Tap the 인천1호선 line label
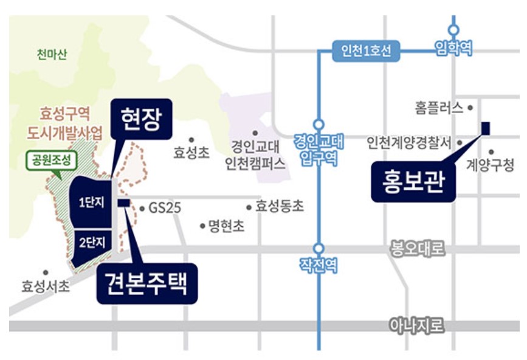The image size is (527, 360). click(366, 50)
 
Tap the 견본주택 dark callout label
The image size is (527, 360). click(147, 283)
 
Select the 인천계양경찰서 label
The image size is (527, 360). click(409, 143)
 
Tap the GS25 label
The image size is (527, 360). click(165, 208)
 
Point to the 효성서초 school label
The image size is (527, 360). click(46, 285)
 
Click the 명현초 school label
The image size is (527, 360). click(226, 226)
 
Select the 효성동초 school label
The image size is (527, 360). click(279, 207)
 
